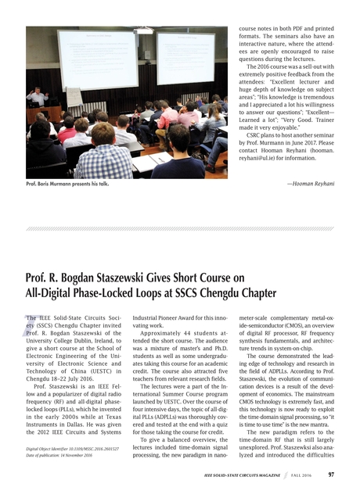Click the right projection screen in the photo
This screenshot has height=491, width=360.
coord(185,57)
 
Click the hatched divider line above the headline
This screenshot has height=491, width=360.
coord(180,228)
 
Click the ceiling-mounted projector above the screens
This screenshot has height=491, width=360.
coord(144,30)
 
